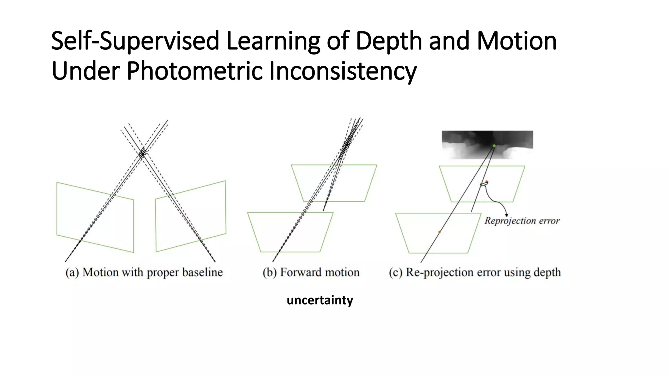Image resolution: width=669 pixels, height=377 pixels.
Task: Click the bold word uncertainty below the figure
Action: (x=320, y=300)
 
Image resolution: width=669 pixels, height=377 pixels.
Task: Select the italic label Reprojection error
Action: (x=522, y=221)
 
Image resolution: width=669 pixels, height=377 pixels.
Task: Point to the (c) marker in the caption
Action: (x=395, y=272)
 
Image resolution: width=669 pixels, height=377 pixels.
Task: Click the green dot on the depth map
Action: (x=494, y=146)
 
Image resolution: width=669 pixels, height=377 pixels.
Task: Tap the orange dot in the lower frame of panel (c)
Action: (x=439, y=232)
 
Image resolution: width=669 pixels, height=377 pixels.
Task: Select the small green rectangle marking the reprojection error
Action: (x=484, y=185)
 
